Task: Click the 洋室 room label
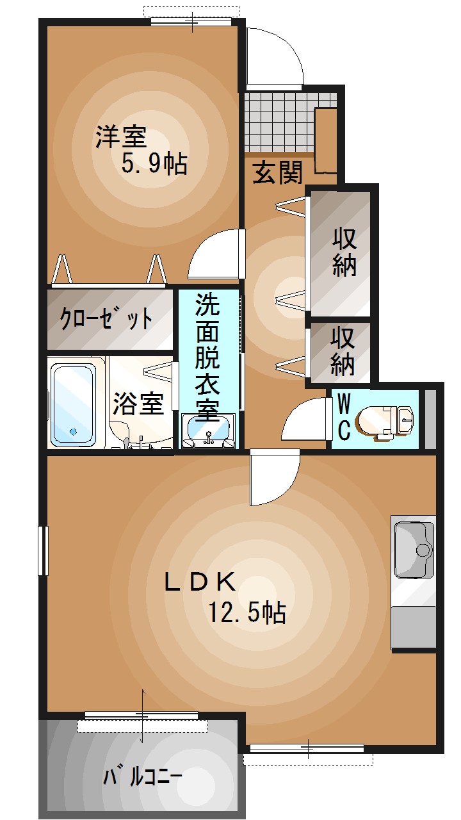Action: tap(121, 137)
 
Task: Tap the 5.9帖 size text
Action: tap(154, 164)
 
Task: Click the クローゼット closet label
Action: tap(106, 318)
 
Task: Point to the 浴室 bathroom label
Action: tap(138, 404)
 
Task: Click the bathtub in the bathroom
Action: tap(74, 404)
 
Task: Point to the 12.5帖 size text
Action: tap(247, 614)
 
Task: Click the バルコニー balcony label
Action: tap(143, 777)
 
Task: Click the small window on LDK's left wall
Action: tap(43, 550)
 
